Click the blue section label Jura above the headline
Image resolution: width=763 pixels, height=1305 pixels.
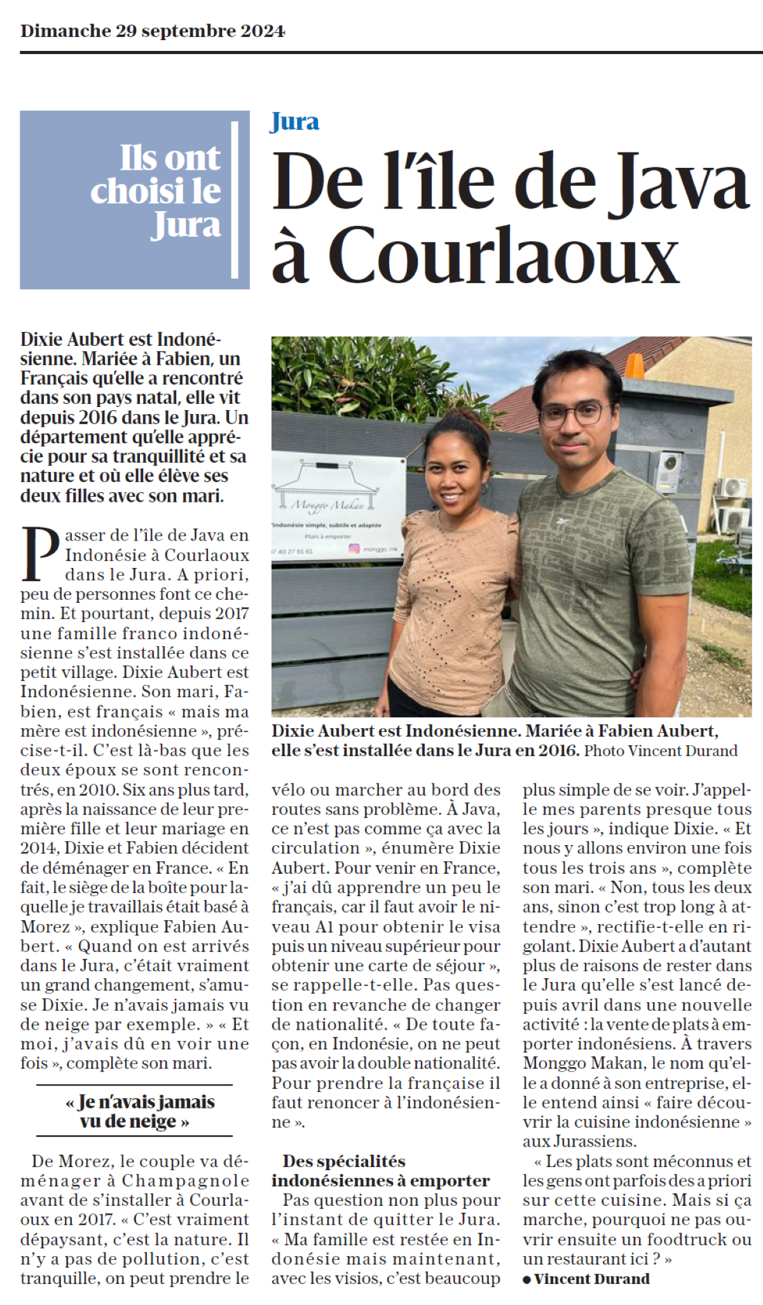pyautogui.click(x=294, y=121)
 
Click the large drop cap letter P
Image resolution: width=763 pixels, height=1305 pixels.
pyautogui.click(x=41, y=554)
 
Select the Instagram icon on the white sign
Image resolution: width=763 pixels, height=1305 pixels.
pyautogui.click(x=354, y=548)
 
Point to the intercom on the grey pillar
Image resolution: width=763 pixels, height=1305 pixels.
pyautogui.click(x=668, y=471)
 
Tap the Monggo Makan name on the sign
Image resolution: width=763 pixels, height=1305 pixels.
pyautogui.click(x=327, y=506)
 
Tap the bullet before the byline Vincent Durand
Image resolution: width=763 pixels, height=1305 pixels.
pyautogui.click(x=526, y=1279)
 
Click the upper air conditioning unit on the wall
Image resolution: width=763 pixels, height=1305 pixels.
pyautogui.click(x=732, y=488)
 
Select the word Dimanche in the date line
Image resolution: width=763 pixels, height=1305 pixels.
pyautogui.click(x=65, y=31)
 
